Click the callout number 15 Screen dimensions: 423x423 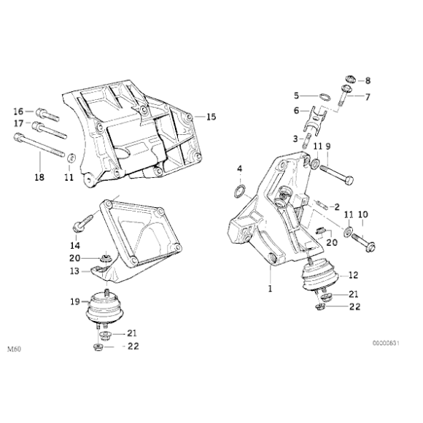point(211,117)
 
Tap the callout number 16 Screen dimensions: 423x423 point(19,111)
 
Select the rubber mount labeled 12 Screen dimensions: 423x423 point(321,279)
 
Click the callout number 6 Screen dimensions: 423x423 point(296,111)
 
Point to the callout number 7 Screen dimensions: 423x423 point(368,97)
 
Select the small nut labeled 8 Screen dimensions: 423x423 point(349,79)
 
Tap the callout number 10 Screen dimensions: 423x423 point(362,214)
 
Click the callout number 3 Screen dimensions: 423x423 point(296,138)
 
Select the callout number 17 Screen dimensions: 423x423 point(19,123)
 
